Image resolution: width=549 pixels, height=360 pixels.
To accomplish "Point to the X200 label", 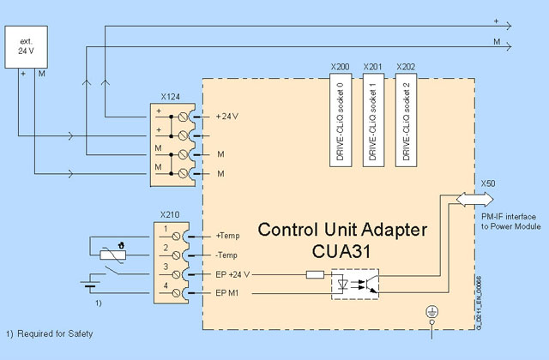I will coord(341,65).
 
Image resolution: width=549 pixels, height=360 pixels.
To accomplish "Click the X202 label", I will coord(406,65).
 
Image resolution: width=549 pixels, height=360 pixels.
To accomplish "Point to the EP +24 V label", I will coord(236,274).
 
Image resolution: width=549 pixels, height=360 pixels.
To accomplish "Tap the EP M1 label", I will coord(231,294).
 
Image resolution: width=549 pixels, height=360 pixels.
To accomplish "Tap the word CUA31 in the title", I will coord(341,254).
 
